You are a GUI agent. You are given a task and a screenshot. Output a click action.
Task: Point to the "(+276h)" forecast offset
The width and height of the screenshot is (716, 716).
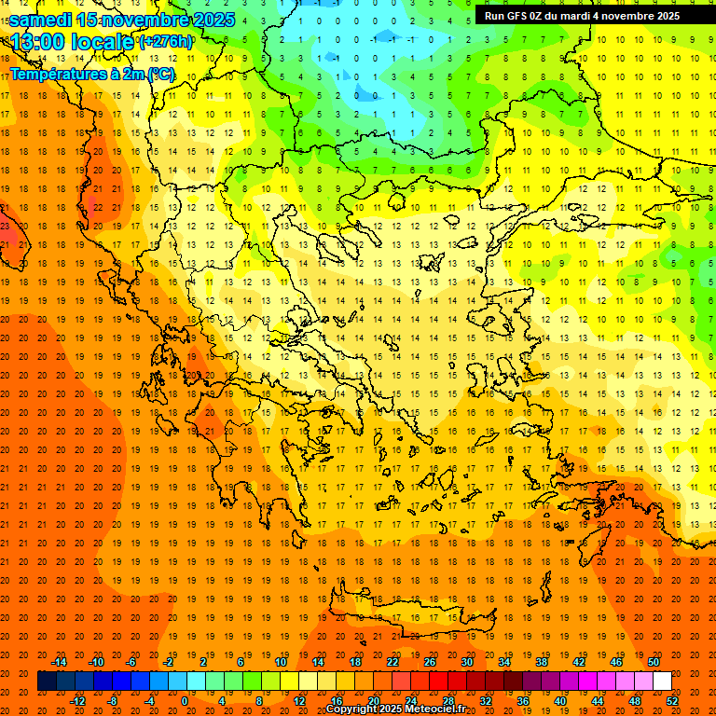[x=166, y=42]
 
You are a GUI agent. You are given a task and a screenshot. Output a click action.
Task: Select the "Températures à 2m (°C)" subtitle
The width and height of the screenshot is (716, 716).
[x=91, y=74]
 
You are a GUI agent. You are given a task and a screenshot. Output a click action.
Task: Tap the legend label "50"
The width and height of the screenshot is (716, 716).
[x=654, y=662]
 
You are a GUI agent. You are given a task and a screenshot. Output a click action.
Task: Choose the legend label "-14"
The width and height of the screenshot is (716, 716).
[x=59, y=662]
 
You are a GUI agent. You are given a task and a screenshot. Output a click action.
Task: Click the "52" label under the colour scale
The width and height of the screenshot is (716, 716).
[x=673, y=701]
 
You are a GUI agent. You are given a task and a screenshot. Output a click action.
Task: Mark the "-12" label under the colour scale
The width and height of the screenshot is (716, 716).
[x=77, y=701]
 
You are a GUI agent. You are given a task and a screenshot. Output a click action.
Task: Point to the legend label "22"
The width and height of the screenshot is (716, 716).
[x=392, y=662]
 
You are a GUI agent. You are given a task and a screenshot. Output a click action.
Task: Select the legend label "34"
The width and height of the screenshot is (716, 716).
[x=504, y=662]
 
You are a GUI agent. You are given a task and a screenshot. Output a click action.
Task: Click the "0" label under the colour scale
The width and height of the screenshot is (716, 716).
[x=185, y=701]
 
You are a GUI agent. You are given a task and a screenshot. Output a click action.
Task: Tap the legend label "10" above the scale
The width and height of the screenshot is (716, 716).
[x=281, y=662]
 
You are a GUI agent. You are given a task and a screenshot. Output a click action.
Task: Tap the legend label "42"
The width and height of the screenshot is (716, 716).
[x=579, y=662]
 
